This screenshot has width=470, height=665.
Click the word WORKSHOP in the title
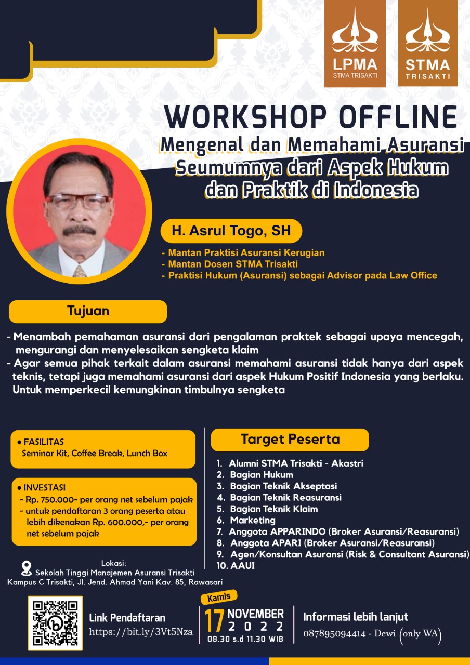pos(245,117)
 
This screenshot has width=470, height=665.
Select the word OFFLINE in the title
pos(398,117)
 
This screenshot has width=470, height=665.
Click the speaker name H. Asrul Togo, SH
pos(231,231)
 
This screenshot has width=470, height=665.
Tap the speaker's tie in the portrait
pos(80,271)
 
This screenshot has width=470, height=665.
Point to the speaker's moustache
pos(80,230)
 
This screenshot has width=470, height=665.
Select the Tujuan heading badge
pos(88,311)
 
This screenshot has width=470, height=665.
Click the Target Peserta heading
pos(290,440)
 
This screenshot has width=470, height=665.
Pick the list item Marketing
pos(253,520)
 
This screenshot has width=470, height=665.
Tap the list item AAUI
pos(242,566)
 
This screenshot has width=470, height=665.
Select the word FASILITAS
pos(44,442)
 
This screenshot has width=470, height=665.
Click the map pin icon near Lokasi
pos(27,568)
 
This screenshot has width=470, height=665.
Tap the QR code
pos(55,623)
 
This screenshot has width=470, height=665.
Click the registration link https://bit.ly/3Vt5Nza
pos(141,632)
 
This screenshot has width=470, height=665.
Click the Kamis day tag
pos(219,597)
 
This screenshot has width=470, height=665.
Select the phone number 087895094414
pos(334,633)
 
